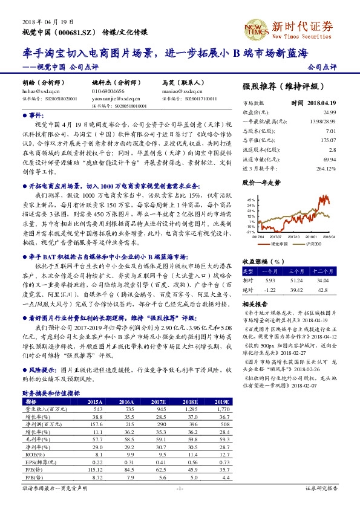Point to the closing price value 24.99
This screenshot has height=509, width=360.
coord(329,112)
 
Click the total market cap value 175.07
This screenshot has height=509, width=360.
coord(329,139)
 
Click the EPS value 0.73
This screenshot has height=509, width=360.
coord(224,478)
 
